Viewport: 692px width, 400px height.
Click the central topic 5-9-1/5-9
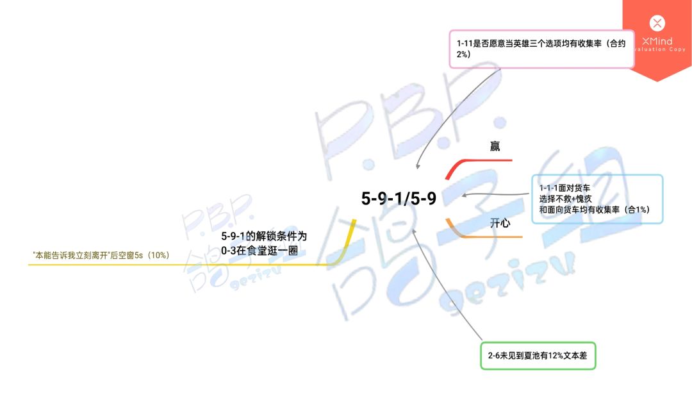click(399, 198)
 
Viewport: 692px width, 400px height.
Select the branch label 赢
click(495, 146)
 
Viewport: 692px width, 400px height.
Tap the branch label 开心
click(500, 223)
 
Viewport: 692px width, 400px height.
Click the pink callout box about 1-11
click(541, 49)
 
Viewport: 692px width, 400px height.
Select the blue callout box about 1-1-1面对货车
click(597, 199)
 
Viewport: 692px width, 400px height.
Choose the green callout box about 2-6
click(538, 355)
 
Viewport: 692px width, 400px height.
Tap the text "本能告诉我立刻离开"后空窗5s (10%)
click(101, 255)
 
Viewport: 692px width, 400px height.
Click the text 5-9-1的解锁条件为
click(264, 236)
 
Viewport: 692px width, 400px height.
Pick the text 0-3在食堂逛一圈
click(259, 251)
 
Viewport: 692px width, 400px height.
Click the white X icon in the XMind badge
click(657, 23)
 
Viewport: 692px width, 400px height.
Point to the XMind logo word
click(657, 42)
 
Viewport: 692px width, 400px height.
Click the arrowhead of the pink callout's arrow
click(418, 166)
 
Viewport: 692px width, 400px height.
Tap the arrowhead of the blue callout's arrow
click(465, 195)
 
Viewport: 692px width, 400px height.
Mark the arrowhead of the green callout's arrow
click(414, 231)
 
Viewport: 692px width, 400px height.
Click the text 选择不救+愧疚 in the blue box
click(565, 199)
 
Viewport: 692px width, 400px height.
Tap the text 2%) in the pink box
click(463, 54)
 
